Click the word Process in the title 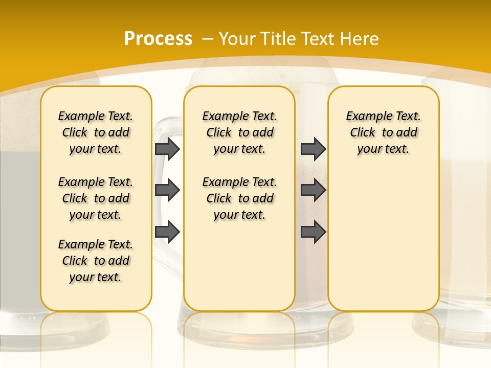pos(158,38)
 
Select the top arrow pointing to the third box pos(313,149)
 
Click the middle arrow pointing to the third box pos(313,190)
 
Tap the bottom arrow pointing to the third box pos(313,232)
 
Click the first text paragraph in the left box pos(96,132)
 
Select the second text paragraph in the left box pos(96,198)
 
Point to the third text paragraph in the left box pos(96,261)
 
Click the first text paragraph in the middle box pos(239,132)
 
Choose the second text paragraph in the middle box pos(239,198)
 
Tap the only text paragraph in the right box pos(383,132)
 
